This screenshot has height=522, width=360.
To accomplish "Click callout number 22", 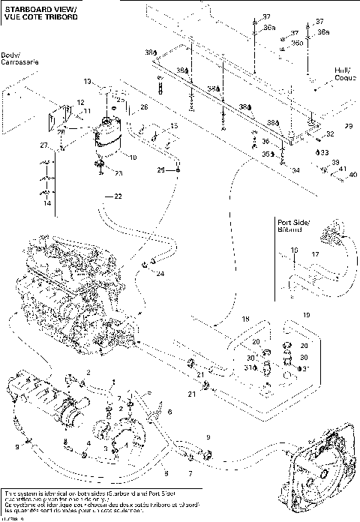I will [x=117, y=196].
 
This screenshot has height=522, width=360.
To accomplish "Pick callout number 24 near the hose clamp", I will [x=160, y=273].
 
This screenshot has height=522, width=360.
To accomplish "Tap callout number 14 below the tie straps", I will [x=46, y=203].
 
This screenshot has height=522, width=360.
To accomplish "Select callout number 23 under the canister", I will [x=118, y=172].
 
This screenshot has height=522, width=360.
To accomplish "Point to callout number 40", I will [x=352, y=176].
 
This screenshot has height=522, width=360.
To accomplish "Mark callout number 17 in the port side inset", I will [x=315, y=254].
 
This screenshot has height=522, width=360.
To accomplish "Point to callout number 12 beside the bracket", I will [x=80, y=101].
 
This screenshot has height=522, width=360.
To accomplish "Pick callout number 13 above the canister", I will [x=87, y=81].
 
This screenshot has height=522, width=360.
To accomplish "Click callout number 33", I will [x=325, y=152].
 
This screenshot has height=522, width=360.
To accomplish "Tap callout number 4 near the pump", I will [x=87, y=444].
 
